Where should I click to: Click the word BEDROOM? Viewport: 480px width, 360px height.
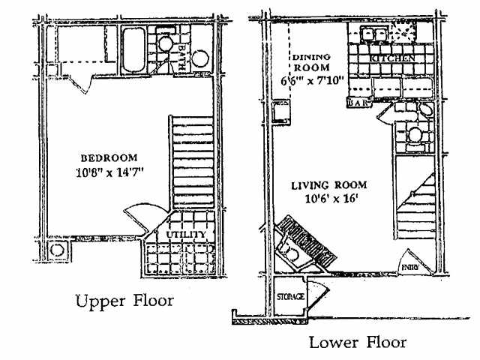(x=109, y=157)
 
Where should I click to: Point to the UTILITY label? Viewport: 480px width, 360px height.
(x=185, y=235)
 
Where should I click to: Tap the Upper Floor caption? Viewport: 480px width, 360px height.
(x=124, y=302)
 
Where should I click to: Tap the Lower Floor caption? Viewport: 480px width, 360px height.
(x=358, y=343)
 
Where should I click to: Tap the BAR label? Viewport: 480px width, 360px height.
(x=356, y=103)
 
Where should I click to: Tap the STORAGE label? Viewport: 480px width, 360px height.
(x=292, y=297)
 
